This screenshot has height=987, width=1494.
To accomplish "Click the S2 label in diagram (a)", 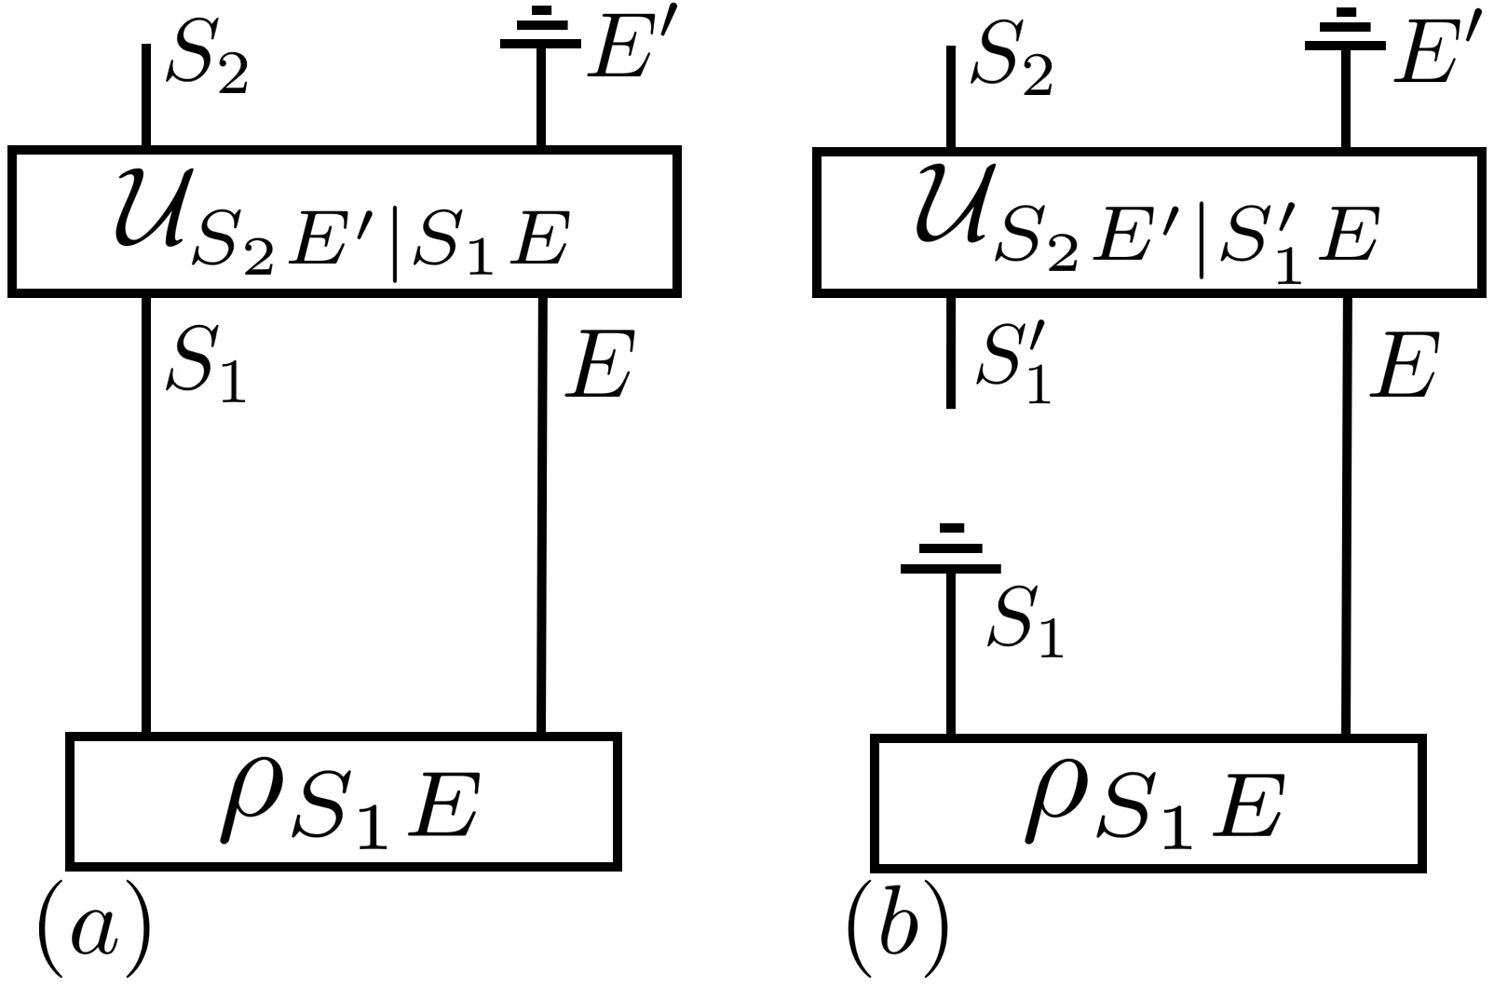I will tap(207, 67).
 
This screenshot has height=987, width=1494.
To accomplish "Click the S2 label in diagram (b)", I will tap(1012, 67).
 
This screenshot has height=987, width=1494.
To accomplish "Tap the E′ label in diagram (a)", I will tap(627, 51).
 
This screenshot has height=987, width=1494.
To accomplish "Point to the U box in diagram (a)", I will tap(344, 222).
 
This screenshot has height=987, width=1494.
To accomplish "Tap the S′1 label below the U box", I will tap(1013, 370).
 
